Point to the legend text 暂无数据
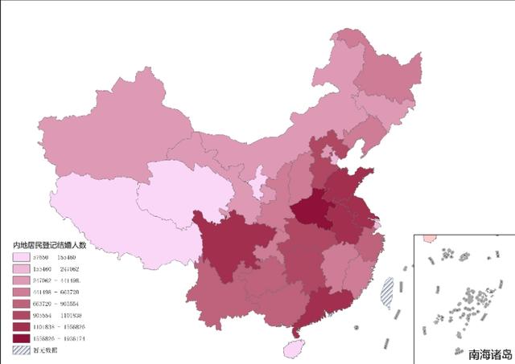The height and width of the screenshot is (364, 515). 45,350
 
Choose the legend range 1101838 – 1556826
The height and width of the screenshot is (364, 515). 59,327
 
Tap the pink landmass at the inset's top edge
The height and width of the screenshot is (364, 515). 429,239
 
